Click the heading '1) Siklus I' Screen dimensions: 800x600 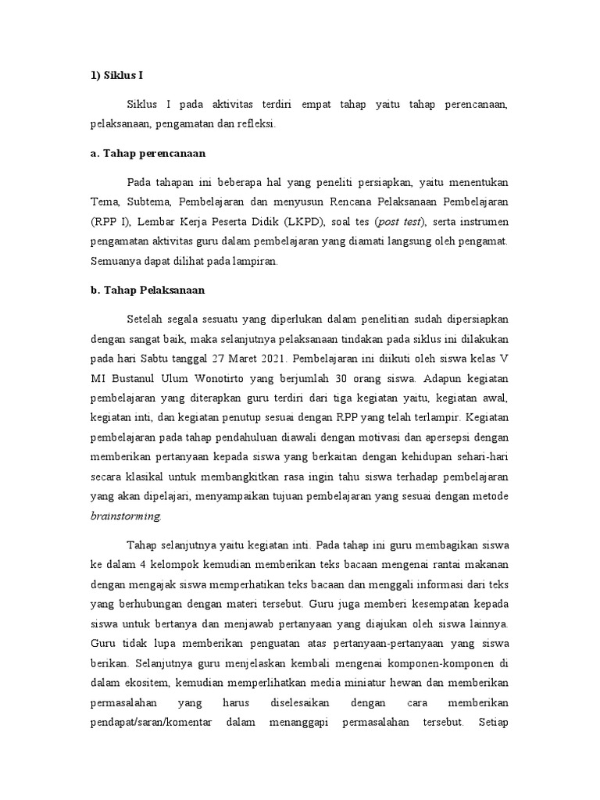tap(116, 76)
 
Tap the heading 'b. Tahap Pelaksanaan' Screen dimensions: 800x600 tap(147, 290)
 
